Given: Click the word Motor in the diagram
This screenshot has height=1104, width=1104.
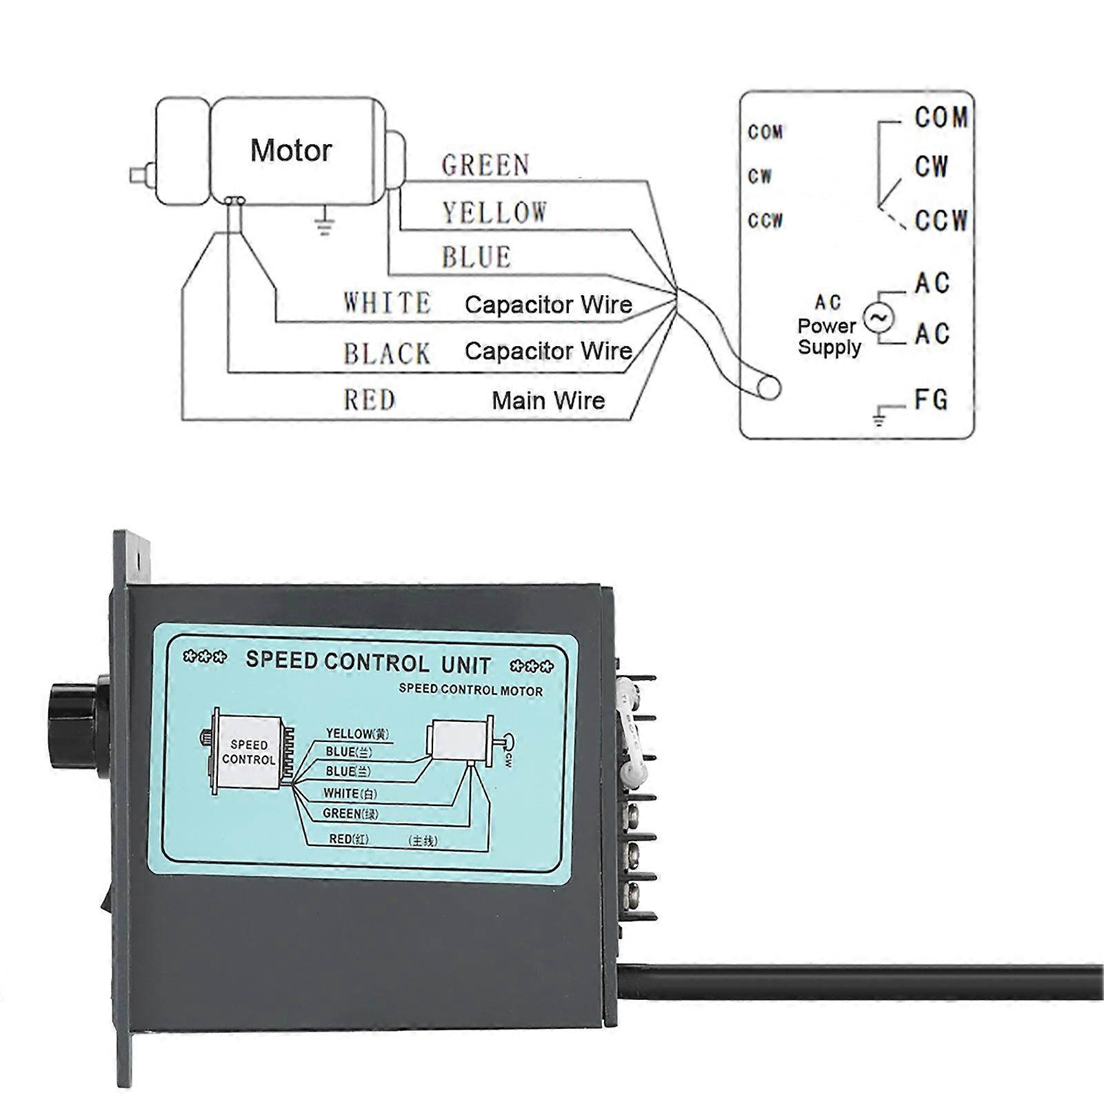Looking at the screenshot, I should click(290, 150).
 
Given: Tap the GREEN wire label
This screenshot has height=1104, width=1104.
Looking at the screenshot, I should click(485, 165).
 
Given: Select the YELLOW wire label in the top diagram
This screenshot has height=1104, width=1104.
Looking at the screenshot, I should click(494, 212).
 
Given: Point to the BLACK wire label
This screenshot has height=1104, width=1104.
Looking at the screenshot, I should click(387, 354).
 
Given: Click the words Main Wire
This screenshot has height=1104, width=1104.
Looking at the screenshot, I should click(548, 401).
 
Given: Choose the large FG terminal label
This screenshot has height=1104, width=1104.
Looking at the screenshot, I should click(931, 400).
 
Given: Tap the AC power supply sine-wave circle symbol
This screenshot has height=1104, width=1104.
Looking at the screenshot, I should click(879, 318).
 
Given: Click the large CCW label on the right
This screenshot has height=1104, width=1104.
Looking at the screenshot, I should click(941, 221).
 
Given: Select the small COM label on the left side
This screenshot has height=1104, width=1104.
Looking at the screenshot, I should click(765, 132).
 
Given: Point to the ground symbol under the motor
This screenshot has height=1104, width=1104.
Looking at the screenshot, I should click(324, 223).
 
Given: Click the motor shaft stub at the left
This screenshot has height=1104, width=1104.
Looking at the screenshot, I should click(141, 174).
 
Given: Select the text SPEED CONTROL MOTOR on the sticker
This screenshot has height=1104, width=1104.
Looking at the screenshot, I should click(470, 690).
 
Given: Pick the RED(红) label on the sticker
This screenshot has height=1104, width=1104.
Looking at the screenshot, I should click(349, 839).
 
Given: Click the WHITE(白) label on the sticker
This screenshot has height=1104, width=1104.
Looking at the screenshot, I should click(350, 794).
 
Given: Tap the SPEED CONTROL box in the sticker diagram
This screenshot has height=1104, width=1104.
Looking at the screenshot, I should click(248, 752).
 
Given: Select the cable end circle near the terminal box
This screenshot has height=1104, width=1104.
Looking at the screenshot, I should click(768, 388).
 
